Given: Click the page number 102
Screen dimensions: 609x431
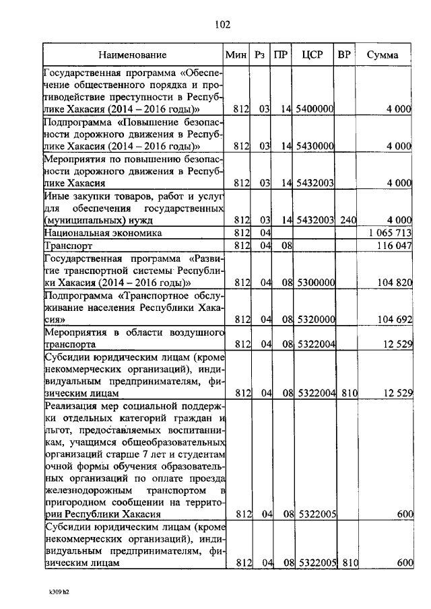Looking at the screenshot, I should (223, 25).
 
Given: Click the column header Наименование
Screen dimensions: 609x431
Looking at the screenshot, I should (133, 55).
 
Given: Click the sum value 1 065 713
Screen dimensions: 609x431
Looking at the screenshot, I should (391, 233).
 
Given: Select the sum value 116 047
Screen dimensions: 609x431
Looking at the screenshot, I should (394, 246).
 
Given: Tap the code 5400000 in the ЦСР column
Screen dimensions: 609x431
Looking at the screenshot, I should (316, 109).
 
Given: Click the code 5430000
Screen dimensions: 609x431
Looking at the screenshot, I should (316, 145).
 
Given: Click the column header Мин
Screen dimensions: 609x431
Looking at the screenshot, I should (234, 55).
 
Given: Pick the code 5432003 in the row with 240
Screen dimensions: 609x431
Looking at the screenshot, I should (316, 219).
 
